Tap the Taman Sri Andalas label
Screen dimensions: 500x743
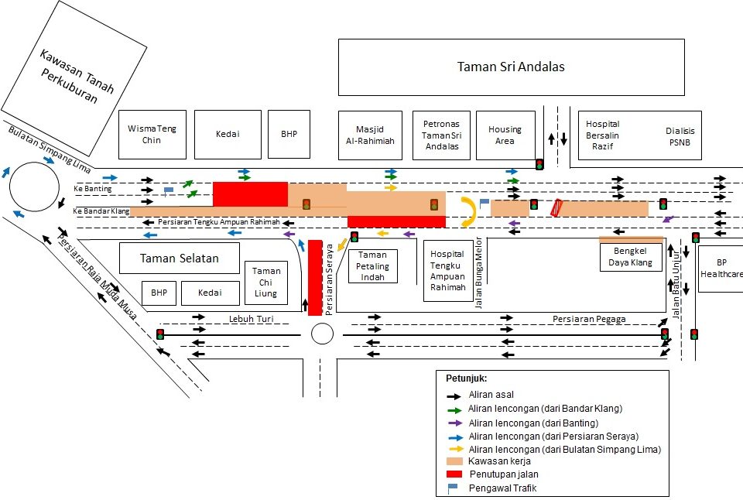[x=511, y=67]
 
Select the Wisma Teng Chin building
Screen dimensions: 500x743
[x=152, y=134]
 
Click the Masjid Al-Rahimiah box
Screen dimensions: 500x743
[x=375, y=135]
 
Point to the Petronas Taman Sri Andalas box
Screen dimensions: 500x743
[x=441, y=135]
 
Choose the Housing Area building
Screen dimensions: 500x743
[x=505, y=135]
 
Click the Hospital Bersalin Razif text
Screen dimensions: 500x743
[x=602, y=135]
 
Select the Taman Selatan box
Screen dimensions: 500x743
[x=180, y=259]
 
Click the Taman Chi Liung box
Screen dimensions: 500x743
[x=266, y=283]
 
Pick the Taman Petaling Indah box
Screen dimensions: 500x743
[x=372, y=265]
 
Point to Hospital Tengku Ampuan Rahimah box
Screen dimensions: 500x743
[x=447, y=271]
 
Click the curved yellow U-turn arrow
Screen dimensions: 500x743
[x=469, y=211]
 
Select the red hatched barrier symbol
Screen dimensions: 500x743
[x=555, y=207]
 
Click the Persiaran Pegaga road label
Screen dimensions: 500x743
[x=589, y=318]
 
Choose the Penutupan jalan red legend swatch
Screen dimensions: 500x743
[x=454, y=473]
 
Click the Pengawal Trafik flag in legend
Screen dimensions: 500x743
[x=454, y=488]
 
